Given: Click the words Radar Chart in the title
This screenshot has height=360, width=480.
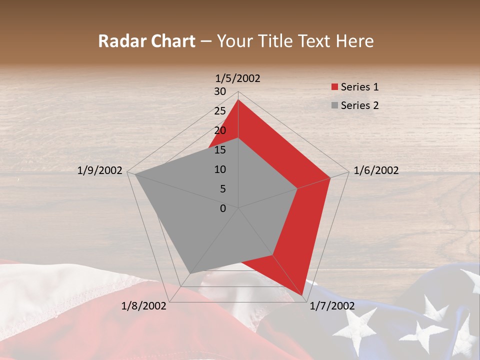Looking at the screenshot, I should [146, 41].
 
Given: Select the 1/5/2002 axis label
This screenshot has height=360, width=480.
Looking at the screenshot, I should [238, 78].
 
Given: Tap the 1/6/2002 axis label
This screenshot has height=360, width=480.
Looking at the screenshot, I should [376, 170].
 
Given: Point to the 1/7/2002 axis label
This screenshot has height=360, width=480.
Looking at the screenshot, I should [332, 306].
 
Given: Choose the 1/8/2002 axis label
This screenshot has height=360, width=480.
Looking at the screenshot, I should [144, 306].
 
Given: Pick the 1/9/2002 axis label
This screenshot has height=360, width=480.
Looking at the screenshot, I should [100, 170].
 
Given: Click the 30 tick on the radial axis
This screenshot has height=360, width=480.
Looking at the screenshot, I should [219, 91].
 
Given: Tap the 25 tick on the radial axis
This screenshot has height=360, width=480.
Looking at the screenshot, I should [219, 111].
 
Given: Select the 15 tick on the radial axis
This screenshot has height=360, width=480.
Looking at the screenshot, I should [219, 150].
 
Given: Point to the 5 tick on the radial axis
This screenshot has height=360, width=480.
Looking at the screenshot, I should [222, 189].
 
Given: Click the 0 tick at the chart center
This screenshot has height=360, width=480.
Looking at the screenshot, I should [223, 208].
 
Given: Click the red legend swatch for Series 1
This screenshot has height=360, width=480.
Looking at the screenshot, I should [334, 87].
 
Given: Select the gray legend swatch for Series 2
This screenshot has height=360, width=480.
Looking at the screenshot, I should [334, 105].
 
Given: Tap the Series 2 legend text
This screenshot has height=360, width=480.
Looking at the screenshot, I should [359, 105].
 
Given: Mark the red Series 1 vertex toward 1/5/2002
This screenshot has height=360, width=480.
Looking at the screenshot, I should [238, 99].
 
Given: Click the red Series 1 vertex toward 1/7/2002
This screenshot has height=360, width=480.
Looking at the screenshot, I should [302, 295].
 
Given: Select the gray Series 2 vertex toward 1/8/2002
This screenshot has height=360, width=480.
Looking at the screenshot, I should [190, 273].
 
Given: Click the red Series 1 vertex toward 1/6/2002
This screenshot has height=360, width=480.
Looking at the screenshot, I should [330, 177].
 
